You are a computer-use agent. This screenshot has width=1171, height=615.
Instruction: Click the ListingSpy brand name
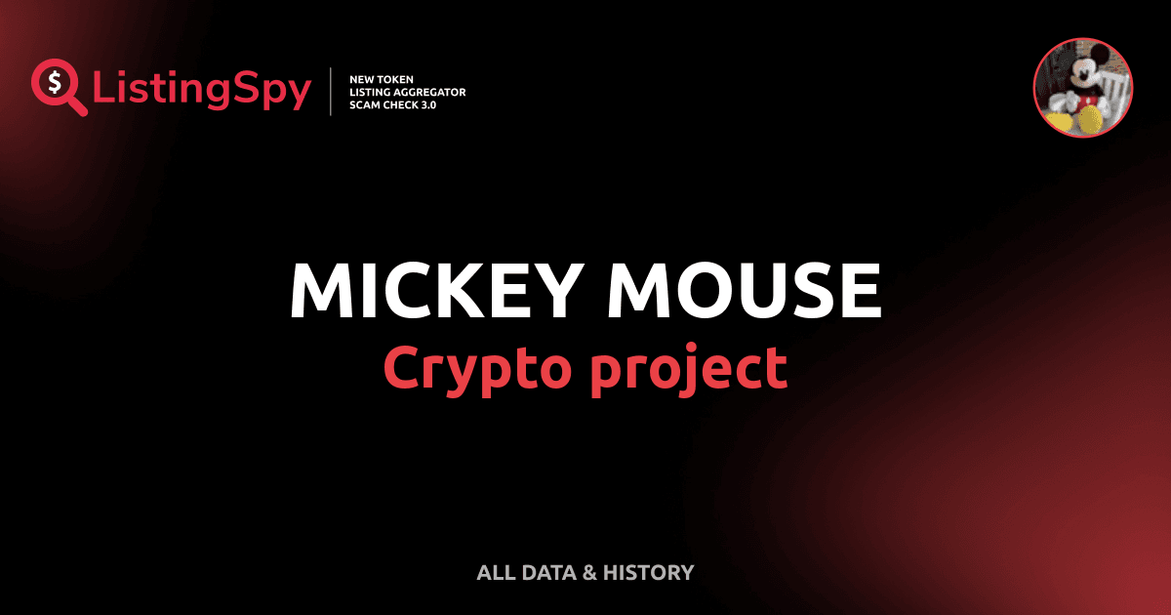click(202, 91)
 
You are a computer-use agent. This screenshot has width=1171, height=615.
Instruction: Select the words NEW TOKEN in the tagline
click(375, 78)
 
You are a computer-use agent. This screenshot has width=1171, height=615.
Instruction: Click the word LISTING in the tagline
click(370, 92)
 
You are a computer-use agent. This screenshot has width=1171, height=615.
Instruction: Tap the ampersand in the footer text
click(588, 573)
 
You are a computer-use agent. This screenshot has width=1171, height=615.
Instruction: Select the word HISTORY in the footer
click(649, 573)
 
